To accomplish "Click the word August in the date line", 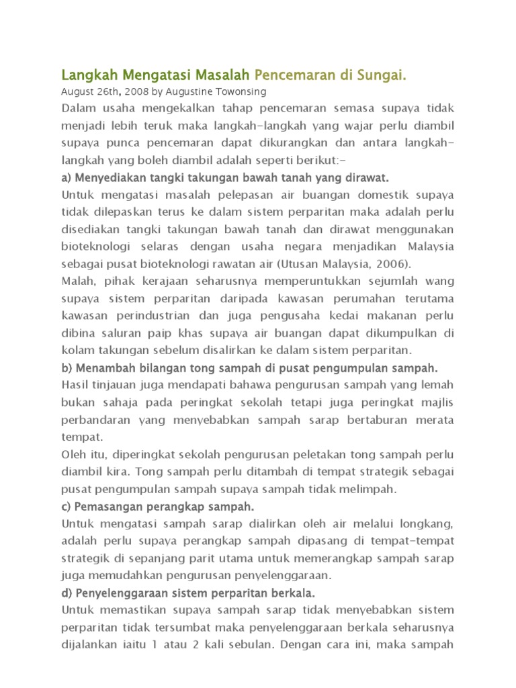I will [x=77, y=91].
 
